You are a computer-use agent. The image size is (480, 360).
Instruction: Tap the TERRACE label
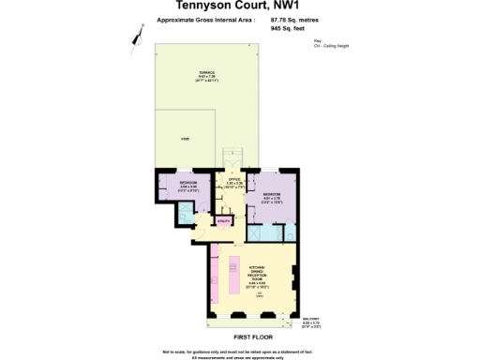click(x=206, y=75)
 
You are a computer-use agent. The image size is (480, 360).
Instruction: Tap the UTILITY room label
click(x=224, y=220)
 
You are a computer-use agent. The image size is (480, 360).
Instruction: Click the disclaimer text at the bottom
click(x=240, y=352)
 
